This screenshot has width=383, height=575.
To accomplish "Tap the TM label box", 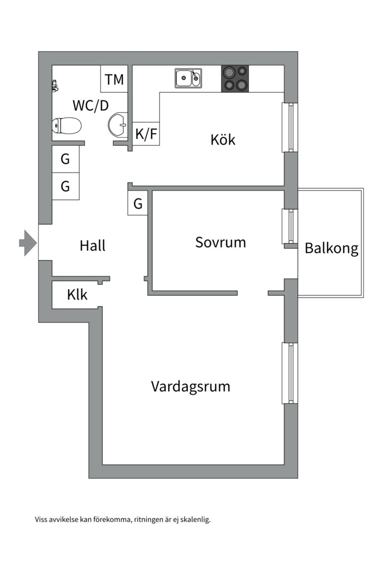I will (114, 79).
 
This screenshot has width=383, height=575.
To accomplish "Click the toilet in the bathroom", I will (66, 126).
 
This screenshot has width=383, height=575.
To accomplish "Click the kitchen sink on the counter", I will (188, 79).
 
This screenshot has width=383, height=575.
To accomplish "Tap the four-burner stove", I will (235, 78).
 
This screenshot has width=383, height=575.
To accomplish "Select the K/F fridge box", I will (146, 134).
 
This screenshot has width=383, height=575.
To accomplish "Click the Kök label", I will (223, 139).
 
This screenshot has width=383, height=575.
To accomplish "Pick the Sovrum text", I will (220, 242).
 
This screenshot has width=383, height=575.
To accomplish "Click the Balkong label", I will (331, 248).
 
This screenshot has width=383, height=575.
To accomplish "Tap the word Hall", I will (93, 245).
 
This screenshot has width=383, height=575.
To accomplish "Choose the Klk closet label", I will (78, 294).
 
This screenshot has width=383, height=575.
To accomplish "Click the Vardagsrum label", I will (190, 386).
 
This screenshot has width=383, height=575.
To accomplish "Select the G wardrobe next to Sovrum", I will (138, 203).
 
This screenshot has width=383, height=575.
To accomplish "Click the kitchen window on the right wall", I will (290, 127).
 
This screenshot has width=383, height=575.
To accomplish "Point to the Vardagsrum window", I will (290, 373).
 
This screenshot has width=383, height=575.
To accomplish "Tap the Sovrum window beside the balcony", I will (290, 226).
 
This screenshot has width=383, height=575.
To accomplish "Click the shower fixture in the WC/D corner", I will (54, 86).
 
